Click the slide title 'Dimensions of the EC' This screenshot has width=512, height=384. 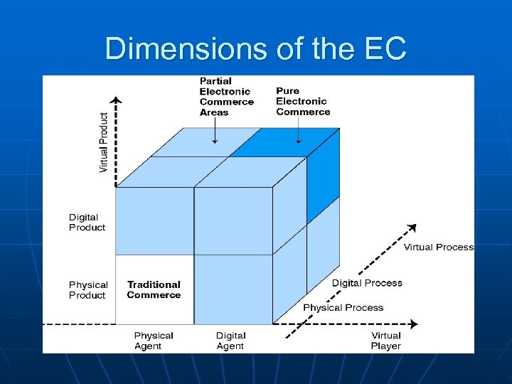point(255,49)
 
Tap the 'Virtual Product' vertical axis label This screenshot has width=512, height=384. point(104,142)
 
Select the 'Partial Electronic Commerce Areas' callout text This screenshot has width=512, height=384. point(226,97)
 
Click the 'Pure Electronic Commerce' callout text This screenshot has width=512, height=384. point(303,101)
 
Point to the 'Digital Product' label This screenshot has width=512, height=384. point(87,223)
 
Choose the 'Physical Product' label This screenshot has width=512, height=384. point(88,290)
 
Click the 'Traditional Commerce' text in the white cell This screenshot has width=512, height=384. point(154,289)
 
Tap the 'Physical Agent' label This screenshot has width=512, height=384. point(154,341)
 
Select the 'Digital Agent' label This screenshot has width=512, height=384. point(230,341)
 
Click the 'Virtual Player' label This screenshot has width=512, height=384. point(386,341)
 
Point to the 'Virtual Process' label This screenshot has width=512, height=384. point(439,247)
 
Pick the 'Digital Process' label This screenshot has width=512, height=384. point(367,283)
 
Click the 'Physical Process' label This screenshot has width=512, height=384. point(343,308)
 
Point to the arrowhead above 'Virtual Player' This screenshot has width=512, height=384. point(414,324)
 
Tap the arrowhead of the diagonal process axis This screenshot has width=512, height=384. point(412,228)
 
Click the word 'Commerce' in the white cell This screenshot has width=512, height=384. point(154,295)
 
